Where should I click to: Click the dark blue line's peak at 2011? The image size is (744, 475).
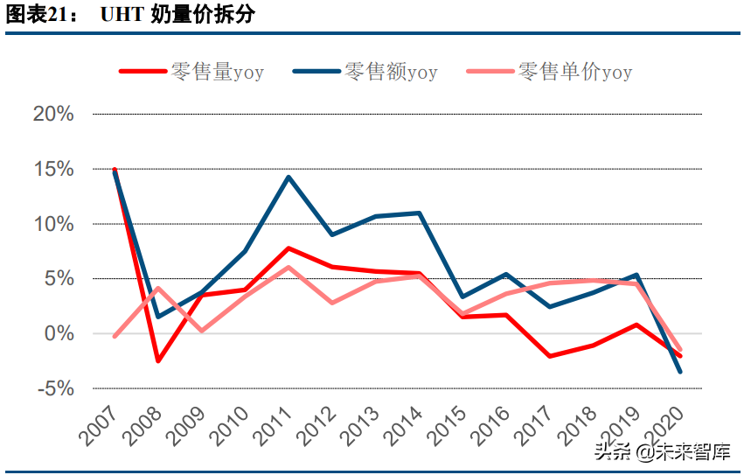click(289, 178)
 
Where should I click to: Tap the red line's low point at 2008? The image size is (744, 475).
click(157, 360)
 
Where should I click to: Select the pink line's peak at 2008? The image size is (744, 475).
click(157, 288)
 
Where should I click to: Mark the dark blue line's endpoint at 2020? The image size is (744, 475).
click(680, 372)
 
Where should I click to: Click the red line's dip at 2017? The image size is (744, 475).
click(549, 356)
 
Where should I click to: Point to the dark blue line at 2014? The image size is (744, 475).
click(420, 213)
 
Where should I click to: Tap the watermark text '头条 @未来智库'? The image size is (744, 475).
click(662, 451)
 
